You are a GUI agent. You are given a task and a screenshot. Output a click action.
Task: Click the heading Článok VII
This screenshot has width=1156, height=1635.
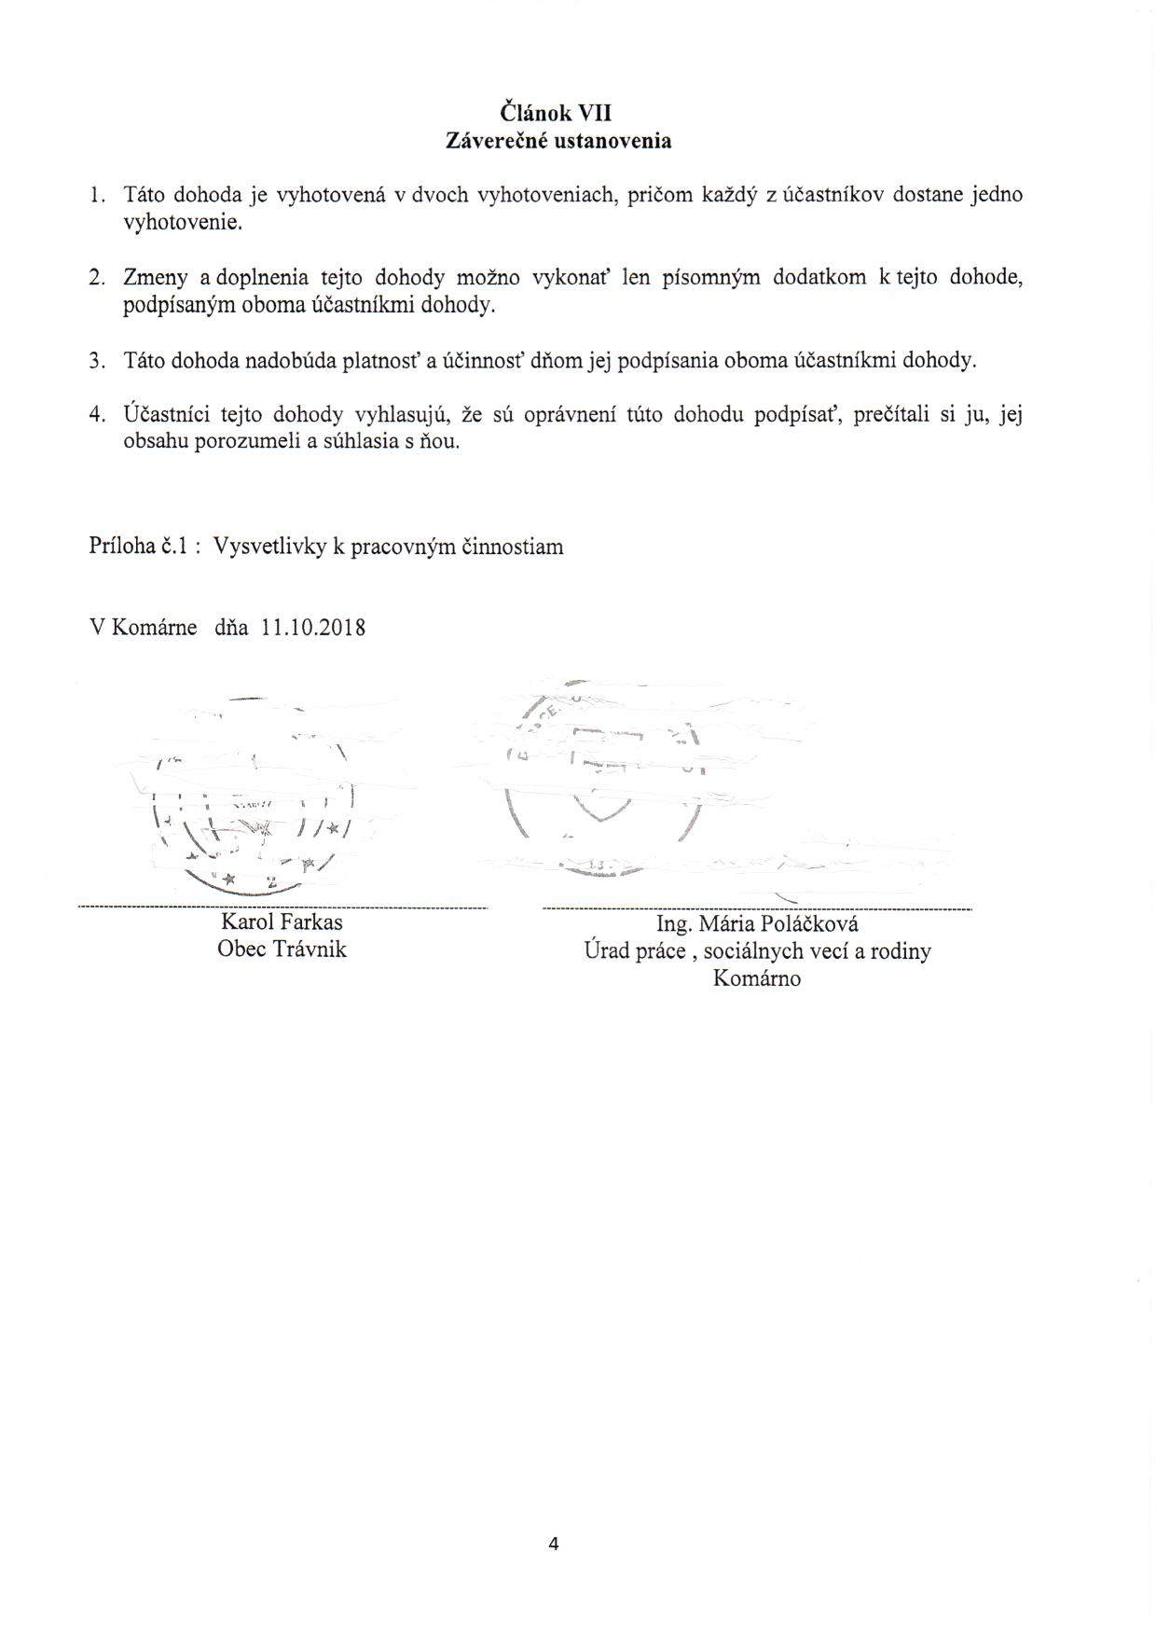pos(556,113)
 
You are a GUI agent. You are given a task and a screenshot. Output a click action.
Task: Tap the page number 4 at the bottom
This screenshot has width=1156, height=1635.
pos(554,1544)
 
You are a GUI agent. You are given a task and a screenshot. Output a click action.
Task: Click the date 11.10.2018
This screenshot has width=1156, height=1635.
pos(313,628)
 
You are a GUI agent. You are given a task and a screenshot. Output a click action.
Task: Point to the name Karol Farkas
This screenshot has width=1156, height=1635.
pos(282,922)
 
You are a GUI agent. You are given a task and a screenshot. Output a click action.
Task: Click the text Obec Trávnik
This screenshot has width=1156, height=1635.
pos(282,949)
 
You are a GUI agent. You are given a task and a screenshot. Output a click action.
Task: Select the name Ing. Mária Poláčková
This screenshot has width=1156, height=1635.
pos(757,923)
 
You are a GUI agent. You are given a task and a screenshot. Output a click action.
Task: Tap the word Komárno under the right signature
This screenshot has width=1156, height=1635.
pos(757,978)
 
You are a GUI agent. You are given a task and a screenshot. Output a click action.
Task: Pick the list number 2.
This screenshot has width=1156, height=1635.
pos(95,278)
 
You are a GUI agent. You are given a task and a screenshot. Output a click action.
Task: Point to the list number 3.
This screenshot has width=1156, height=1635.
pos(95,361)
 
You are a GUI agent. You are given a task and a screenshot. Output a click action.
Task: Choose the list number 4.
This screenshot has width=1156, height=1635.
pos(95,415)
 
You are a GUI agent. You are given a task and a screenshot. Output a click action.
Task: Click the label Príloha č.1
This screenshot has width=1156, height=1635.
pos(140,547)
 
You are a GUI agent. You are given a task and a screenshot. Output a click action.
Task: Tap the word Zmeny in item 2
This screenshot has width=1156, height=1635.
pos(154,278)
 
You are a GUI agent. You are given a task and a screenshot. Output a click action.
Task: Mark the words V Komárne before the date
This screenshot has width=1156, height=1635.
pos(143,628)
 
